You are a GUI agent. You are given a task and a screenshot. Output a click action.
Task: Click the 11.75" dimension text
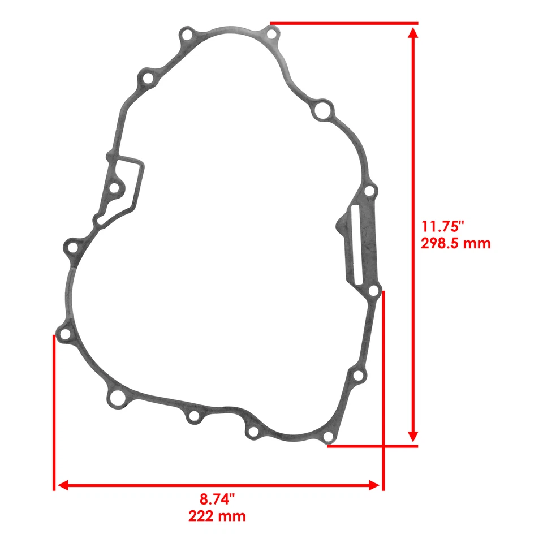click(442, 227)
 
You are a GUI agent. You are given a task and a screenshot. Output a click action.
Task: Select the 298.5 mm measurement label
click(455, 244)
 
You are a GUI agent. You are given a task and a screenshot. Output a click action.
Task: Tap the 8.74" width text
click(217, 499)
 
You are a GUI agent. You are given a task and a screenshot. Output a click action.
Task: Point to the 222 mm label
click(217, 516)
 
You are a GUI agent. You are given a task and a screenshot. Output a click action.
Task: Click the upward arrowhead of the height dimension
click(413, 33)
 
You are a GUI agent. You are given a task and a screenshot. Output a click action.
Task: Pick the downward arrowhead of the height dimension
click(413, 436)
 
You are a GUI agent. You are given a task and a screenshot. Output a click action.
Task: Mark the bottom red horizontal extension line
click(373, 446)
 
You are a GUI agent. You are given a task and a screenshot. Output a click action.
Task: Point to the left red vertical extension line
click(54, 413)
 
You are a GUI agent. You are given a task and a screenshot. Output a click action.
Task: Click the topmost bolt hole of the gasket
click(271, 34)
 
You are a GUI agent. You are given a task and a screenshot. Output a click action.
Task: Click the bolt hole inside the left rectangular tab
click(115, 187)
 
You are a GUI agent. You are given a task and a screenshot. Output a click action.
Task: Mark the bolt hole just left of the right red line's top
click(373, 291)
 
